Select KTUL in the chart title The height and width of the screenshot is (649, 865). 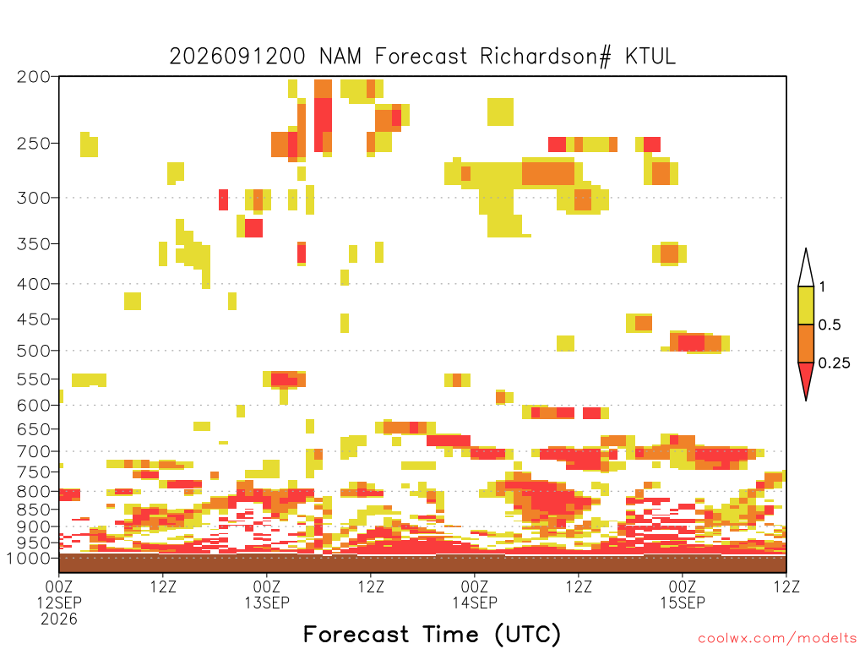tap(650, 57)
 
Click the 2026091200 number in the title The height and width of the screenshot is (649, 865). tap(237, 57)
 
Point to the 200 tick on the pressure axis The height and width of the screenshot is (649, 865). tap(33, 77)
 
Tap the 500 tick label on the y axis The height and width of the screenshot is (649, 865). tap(33, 351)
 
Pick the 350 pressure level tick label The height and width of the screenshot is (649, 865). tap(33, 244)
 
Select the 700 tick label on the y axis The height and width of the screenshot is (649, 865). tap(33, 451)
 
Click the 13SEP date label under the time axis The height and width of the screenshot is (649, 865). tap(267, 603)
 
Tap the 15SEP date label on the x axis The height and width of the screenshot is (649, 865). tap(683, 603)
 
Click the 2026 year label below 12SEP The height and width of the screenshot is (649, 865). tap(59, 619)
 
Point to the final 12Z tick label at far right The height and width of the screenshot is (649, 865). tap(786, 586)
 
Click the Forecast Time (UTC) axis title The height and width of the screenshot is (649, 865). tap(432, 635)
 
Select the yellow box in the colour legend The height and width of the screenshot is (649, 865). tap(806, 305)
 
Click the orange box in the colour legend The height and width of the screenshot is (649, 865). tap(806, 343)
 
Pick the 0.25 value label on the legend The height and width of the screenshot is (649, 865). tap(834, 363)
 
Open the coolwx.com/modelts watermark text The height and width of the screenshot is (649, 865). tap(777, 639)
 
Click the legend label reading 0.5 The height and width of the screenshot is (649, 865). tap(830, 325)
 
